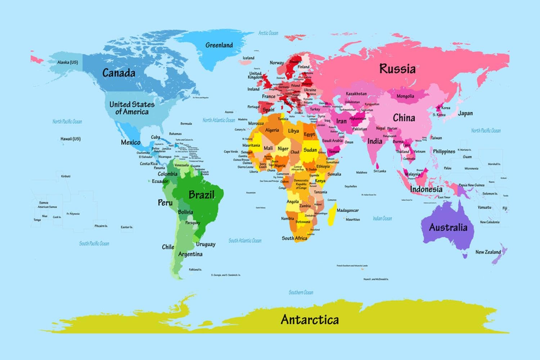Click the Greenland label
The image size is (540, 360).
point(219,45)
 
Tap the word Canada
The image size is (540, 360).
point(119,73)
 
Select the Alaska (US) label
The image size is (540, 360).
point(67,62)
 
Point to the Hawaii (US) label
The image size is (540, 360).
point(71,139)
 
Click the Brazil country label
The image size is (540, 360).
point(201,195)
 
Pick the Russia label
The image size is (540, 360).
point(397,68)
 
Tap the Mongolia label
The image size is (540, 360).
point(405,96)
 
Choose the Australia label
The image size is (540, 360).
point(448,227)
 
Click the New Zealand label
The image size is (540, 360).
point(488,252)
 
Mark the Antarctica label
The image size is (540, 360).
point(310,319)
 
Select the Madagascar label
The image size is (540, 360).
point(347,210)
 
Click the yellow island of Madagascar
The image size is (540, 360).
point(332,215)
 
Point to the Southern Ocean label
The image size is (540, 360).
point(301,292)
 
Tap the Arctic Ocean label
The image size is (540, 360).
point(268,33)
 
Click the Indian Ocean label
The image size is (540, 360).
point(382,218)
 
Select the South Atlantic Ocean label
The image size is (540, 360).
point(245,240)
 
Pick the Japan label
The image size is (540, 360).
point(465,113)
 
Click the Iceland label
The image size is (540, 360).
point(248,58)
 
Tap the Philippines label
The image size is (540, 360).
point(444,152)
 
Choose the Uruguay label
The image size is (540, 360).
point(206,244)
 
